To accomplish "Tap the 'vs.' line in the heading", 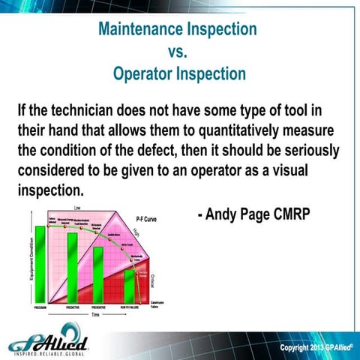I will coord(179,52).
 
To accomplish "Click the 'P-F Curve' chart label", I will coord(148,217).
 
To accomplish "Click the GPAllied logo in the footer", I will coord(49,343).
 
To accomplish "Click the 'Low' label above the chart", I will coord(78,208).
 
